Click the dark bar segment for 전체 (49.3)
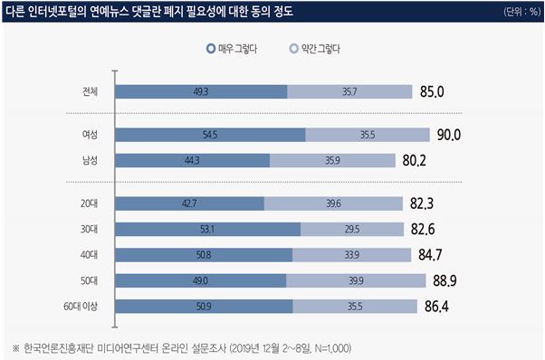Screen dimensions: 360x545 tap(201, 91)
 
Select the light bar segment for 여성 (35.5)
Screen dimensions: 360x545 tap(367, 135)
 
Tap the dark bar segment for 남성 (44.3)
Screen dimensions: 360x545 tap(193, 160)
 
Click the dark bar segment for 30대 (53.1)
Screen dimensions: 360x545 tap(208, 229)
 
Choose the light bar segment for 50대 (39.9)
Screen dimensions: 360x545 tap(356, 280)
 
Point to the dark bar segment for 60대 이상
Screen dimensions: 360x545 tap(204, 306)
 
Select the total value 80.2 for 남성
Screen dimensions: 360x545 tap(415, 160)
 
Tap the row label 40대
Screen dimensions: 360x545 tap(90, 255)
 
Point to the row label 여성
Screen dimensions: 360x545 tap(90, 135)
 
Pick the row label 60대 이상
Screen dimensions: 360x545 tap(84, 306)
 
